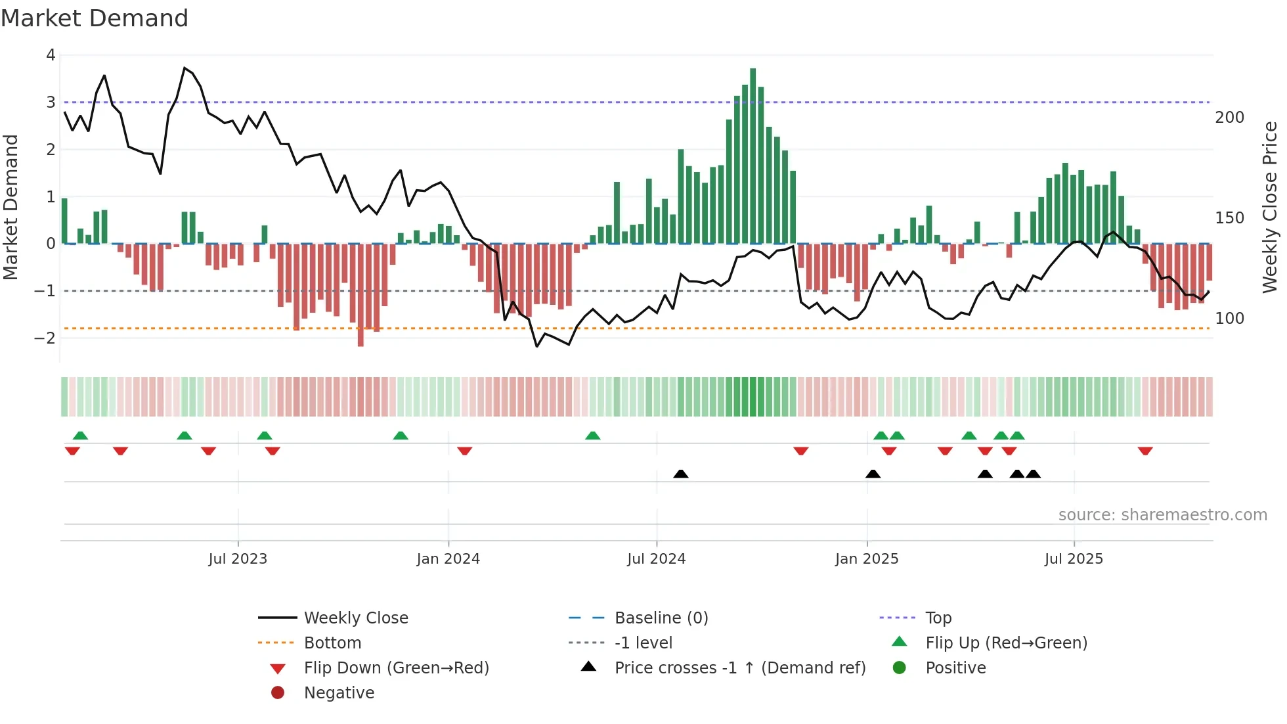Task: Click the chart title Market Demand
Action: point(95,18)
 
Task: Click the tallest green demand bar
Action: point(753,156)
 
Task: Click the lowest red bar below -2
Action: point(360,295)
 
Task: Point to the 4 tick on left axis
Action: point(51,55)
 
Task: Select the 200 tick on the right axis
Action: point(1229,118)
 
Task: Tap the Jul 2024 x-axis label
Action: point(656,559)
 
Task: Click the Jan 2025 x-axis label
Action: point(866,559)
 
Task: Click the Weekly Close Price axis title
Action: point(1270,207)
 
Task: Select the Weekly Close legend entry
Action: point(355,618)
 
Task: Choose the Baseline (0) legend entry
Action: point(661,618)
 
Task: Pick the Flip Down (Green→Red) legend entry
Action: point(396,668)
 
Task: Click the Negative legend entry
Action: point(339,693)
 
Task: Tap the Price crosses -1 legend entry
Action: point(739,668)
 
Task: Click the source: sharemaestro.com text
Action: point(1162,515)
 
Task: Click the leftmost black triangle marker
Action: point(681,474)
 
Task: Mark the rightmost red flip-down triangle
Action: point(1145,451)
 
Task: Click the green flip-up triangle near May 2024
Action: point(592,436)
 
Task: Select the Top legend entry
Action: point(938,618)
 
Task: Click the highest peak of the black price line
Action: point(185,68)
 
